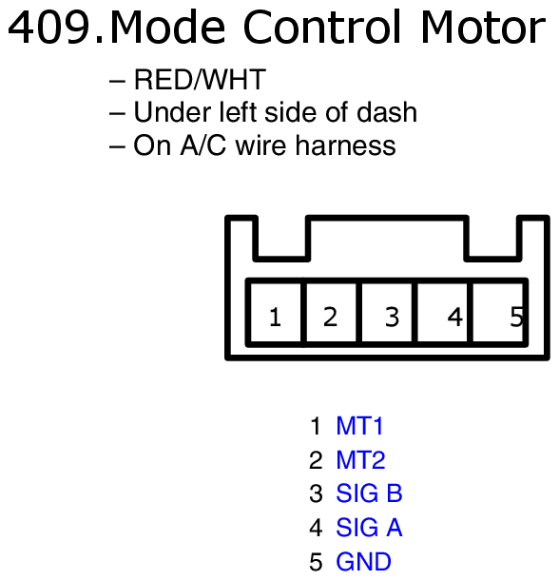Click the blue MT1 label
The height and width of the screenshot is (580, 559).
tap(359, 426)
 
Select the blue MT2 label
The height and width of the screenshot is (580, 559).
tap(360, 460)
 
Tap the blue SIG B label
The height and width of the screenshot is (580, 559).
tap(369, 493)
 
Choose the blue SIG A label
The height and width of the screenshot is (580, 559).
tap(369, 528)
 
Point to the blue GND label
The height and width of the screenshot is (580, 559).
tap(363, 562)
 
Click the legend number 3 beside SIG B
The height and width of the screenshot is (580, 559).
tap(316, 493)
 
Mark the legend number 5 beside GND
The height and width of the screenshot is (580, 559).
tap(316, 562)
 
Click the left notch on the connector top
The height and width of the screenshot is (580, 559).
tap(280, 238)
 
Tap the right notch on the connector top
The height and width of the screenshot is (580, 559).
tap(492, 238)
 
